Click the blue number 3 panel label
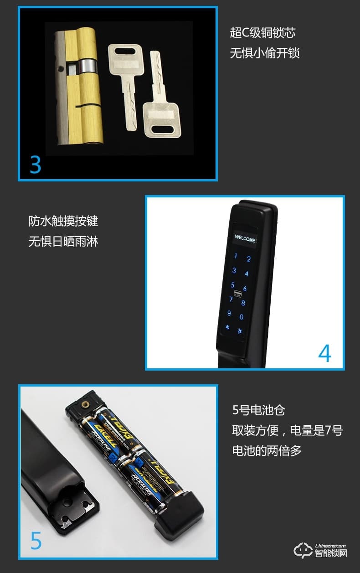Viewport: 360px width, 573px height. click(36, 165)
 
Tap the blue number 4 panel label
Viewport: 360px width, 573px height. click(324, 353)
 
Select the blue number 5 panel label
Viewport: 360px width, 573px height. click(36, 541)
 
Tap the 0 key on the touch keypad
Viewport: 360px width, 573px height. click(242, 317)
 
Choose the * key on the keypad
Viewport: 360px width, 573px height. click(227, 328)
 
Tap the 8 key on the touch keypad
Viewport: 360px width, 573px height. click(243, 303)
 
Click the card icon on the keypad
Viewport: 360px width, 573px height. click(237, 294)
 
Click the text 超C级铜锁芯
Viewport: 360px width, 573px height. click(263, 33)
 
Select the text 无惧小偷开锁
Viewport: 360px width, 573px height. click(265, 53)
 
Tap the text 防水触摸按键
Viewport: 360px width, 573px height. click(63, 222)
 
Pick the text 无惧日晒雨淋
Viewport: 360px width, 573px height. click(63, 242)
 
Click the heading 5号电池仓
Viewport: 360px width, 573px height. click(258, 410)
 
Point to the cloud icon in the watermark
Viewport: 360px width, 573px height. click(303, 550)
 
